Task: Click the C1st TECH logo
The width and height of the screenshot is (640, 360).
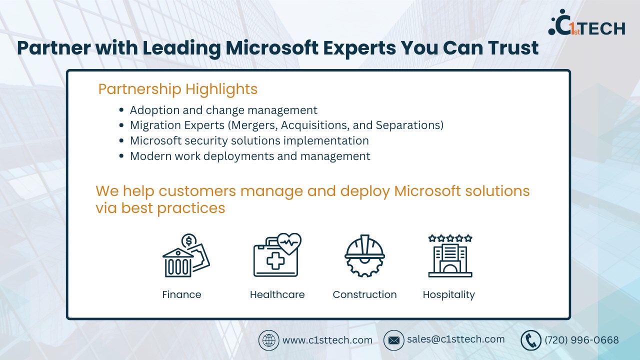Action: [586, 23]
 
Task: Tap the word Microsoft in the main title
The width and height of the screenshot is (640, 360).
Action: [272, 47]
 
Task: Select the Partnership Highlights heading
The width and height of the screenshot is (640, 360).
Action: [177, 89]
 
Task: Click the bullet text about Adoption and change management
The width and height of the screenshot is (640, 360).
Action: [223, 110]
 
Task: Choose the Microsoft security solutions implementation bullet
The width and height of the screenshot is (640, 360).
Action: [249, 140]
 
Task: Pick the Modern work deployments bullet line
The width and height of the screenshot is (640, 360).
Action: [250, 156]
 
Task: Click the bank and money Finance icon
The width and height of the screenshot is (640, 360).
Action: [186, 255]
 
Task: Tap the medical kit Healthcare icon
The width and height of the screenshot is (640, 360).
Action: [277, 255]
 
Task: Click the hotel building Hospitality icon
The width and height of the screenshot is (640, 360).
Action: [450, 255]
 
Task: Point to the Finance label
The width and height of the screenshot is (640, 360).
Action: [181, 294]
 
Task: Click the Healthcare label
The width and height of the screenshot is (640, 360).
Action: [277, 294]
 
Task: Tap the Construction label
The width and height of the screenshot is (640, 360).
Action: [364, 294]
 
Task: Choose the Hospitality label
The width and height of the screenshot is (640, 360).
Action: [448, 295]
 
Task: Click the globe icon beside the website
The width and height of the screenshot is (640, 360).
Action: [268, 340]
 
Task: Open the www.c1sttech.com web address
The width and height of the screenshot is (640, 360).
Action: [327, 340]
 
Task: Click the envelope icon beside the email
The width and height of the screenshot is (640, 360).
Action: [393, 340]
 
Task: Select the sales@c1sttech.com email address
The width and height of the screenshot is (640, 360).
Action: [455, 339]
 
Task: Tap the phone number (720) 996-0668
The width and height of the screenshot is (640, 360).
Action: [581, 340]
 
